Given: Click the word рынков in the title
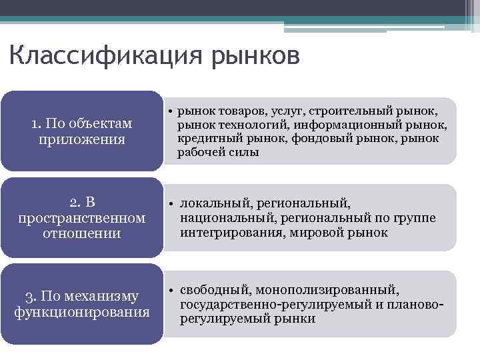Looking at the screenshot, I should (x=256, y=56).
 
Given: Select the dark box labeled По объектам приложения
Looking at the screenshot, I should (x=82, y=131).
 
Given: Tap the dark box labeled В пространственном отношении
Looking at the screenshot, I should (x=82, y=217).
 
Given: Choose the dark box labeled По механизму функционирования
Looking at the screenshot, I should (x=82, y=304).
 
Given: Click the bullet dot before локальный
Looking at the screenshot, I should (x=171, y=203).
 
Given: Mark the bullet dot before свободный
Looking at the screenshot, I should (x=171, y=290).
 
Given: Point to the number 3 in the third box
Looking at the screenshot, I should (x=29, y=296).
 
